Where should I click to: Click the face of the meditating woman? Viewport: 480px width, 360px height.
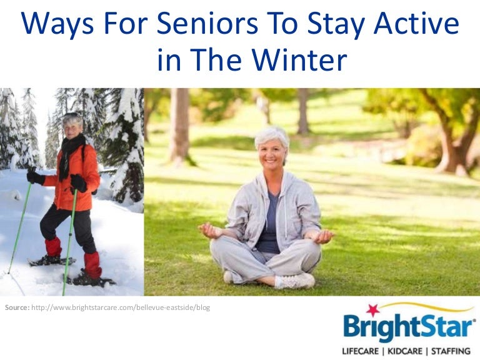tap(271, 147)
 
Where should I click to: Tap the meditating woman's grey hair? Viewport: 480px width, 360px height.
tap(272, 133)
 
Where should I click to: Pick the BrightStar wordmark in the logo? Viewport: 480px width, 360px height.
tap(409, 329)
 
